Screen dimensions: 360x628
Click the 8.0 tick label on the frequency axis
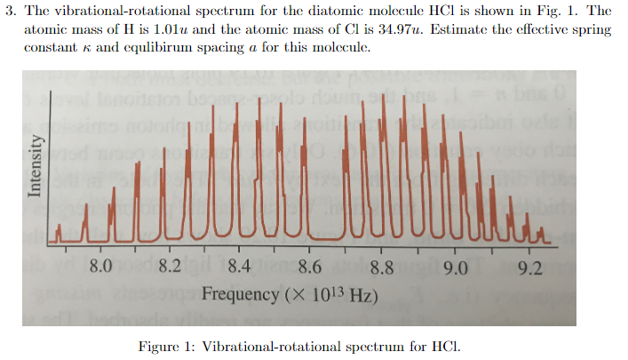tap(101, 267)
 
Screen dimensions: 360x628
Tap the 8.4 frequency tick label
tap(239, 267)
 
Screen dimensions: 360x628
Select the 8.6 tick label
tap(309, 267)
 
